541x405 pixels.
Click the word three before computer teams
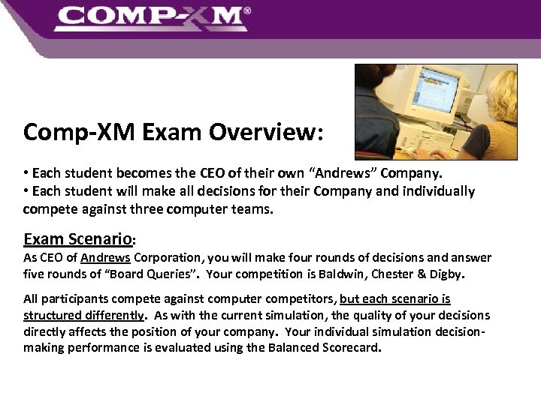click(x=151, y=208)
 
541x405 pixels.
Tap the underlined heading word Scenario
click(x=100, y=240)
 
